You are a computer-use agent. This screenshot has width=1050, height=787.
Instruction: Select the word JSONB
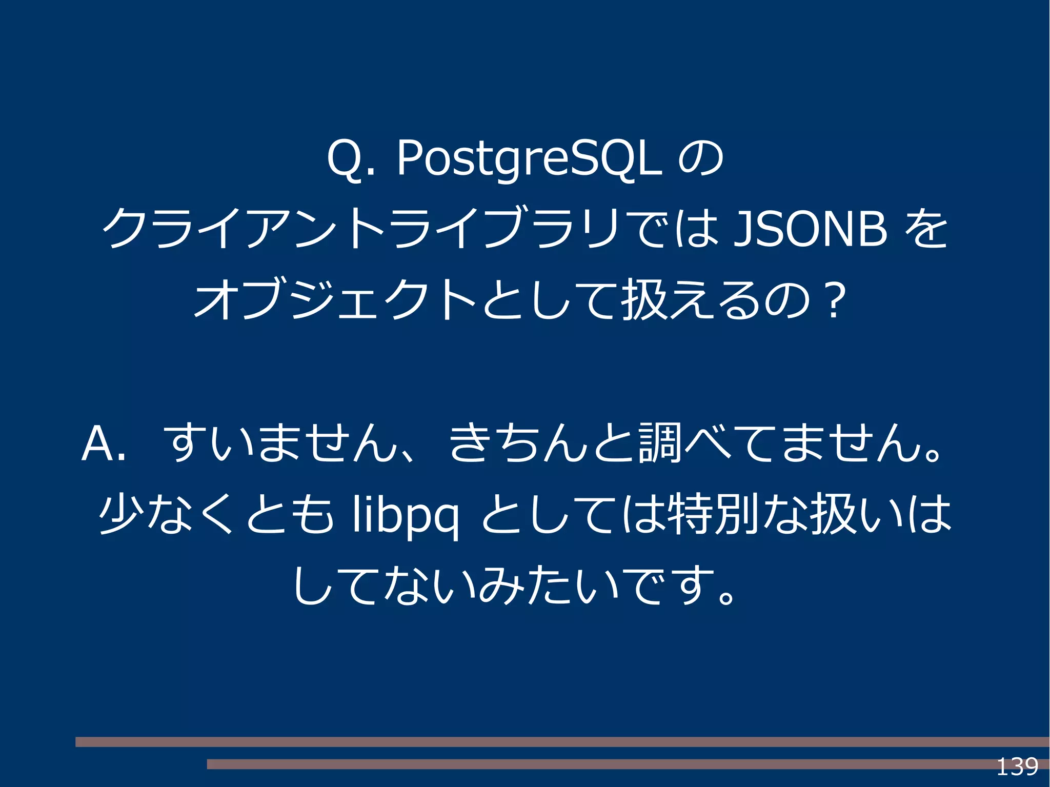[x=810, y=229]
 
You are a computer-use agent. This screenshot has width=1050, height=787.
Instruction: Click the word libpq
[x=405, y=516]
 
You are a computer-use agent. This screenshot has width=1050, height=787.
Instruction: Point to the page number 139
[x=1017, y=767]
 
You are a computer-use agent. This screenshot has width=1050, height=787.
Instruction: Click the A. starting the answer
[x=103, y=444]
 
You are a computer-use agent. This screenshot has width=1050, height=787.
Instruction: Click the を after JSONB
[x=926, y=229]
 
